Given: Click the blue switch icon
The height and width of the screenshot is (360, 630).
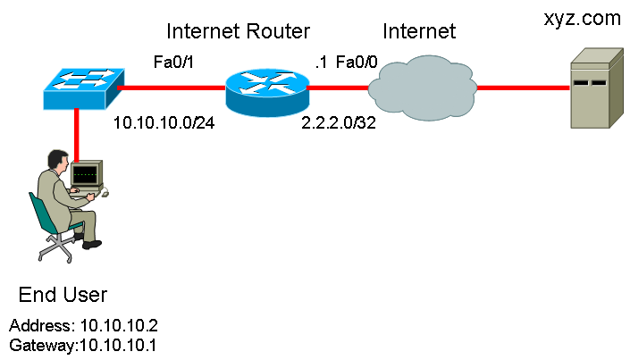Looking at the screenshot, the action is tap(84, 88).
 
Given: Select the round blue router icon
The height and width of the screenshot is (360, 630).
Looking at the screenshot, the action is tap(267, 92).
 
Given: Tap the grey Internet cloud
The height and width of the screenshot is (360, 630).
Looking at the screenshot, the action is tap(423, 88).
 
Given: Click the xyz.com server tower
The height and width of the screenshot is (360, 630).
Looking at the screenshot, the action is tap(597, 88).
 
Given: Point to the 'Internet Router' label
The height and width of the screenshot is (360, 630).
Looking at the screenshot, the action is tap(239, 31).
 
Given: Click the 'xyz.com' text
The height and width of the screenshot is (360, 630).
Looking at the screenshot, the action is tap(582, 19).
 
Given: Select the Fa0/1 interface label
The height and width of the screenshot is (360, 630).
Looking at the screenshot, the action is tap(173, 63).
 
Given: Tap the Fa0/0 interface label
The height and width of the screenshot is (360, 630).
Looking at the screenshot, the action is tap(357, 63).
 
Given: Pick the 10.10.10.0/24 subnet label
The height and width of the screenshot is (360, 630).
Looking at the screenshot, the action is tap(164, 122).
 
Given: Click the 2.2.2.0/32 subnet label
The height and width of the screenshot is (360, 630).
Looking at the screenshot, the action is tap(339, 122).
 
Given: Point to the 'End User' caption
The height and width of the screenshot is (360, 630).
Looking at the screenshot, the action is tap(63, 295).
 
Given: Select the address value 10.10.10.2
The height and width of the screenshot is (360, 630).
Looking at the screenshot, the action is tap(119, 325).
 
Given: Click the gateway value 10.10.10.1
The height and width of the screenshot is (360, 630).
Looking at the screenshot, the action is tap(118, 345).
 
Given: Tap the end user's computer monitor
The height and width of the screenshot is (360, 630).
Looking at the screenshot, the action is tap(87, 174).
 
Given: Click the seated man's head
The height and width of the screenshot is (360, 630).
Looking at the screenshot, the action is tap(57, 160).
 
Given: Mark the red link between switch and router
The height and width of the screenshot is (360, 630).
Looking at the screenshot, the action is tap(172, 88).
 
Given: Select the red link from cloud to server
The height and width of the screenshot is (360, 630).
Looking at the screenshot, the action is tap(523, 88).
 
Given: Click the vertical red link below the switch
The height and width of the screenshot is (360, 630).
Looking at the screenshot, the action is tap(76, 136).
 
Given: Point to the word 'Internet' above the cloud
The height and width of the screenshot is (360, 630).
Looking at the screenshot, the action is tap(419, 31).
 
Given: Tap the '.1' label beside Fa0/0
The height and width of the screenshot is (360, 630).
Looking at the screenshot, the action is tap(321, 63).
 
